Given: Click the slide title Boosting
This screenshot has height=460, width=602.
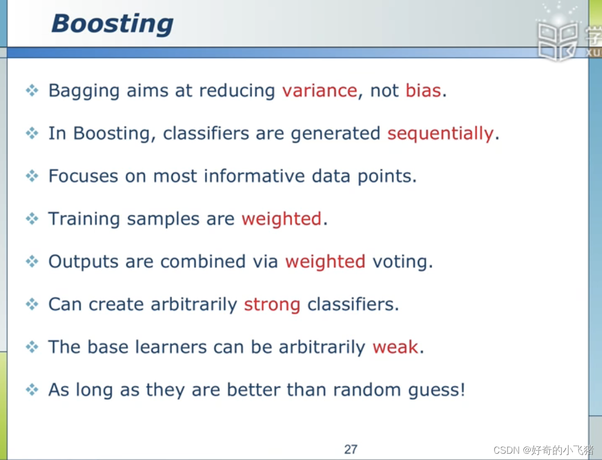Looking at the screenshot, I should click(x=112, y=24).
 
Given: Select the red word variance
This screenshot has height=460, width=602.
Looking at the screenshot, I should click(x=319, y=91).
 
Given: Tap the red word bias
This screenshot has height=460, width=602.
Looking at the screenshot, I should click(x=423, y=91).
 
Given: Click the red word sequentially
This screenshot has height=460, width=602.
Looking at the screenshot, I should click(x=440, y=134).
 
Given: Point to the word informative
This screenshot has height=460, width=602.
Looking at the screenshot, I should click(x=254, y=176).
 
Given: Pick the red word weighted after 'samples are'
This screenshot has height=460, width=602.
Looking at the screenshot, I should click(x=281, y=219).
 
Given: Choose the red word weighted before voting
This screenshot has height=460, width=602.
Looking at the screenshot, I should click(x=325, y=262).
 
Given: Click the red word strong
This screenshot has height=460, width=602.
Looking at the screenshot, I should click(x=272, y=305).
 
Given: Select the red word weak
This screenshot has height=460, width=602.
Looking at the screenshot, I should click(x=395, y=347).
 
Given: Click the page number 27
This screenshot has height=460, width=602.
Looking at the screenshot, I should click(x=351, y=449).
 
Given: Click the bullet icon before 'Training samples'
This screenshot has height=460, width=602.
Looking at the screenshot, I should click(x=32, y=219).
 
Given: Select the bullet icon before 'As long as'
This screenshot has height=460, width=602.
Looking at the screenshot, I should click(x=32, y=390).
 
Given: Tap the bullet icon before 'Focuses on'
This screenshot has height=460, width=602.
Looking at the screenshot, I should click(x=32, y=176).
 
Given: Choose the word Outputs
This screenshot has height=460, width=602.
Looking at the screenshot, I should click(x=83, y=262).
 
